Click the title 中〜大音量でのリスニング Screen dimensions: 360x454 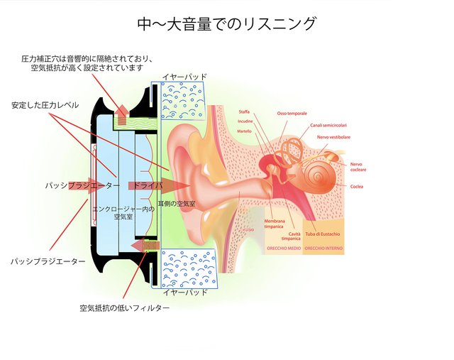pos(226,23)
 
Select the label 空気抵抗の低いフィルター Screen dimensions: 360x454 pos(124,308)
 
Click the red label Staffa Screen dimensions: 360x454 pos(246,112)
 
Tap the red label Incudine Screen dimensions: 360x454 pos(245,121)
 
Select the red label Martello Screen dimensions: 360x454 pos(245,131)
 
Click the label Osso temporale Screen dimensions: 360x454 pos(292,114)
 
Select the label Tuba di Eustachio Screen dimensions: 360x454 pos(323,234)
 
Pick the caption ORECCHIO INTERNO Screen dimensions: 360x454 pos(323,250)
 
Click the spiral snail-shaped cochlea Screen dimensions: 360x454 pos(315,173)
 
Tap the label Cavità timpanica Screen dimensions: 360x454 pos(294,236)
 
